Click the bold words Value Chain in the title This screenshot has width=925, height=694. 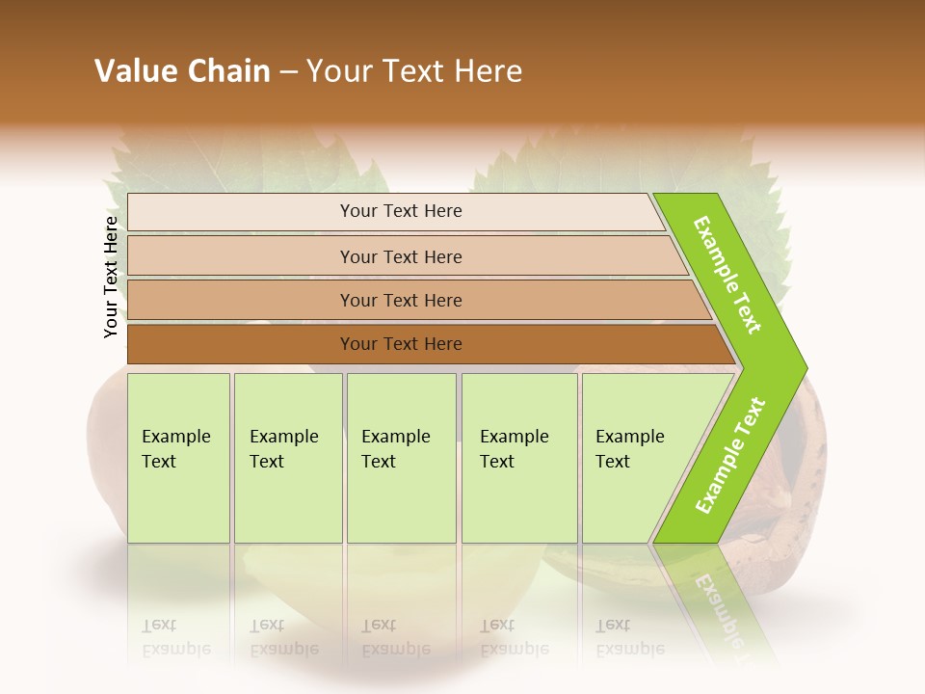[182, 71]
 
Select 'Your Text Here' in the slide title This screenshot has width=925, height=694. [414, 71]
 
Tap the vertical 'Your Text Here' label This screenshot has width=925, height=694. [111, 277]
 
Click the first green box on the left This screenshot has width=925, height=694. [178, 458]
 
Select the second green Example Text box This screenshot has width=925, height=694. [288, 458]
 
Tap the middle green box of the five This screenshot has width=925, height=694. [401, 458]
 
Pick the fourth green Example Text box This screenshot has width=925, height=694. [519, 458]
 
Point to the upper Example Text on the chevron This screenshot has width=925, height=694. [727, 275]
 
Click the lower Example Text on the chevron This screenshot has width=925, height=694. [730, 456]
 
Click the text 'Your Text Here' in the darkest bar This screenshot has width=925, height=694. [401, 344]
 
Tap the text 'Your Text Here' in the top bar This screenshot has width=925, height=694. [401, 211]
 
